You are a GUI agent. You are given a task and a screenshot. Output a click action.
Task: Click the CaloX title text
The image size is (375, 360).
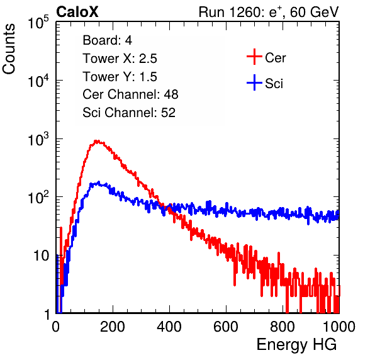click(x=77, y=12)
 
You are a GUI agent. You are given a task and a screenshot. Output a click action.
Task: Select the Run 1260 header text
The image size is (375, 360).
click(x=269, y=13)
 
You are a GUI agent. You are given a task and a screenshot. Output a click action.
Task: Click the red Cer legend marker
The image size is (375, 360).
click(x=254, y=57)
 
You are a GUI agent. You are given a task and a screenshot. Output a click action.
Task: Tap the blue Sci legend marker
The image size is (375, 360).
click(x=254, y=83)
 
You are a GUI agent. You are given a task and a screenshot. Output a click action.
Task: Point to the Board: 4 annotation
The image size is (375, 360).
click(x=107, y=40)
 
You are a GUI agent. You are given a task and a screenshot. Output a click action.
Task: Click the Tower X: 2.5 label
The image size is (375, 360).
click(x=120, y=59)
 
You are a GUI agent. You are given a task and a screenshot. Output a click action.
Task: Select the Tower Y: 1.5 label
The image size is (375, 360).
click(x=120, y=77)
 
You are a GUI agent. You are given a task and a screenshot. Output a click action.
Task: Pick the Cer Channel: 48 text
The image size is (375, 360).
click(x=130, y=94)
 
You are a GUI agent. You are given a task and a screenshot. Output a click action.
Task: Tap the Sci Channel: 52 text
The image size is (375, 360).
click(x=129, y=113)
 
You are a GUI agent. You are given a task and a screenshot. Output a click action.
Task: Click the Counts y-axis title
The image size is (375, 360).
click(x=9, y=49)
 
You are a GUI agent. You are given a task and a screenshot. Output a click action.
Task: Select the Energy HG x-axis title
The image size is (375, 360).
click(x=297, y=345)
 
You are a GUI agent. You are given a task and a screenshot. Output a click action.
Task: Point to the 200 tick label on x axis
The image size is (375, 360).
click(x=113, y=327)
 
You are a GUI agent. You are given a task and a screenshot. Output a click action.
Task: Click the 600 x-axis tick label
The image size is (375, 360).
click(x=226, y=327)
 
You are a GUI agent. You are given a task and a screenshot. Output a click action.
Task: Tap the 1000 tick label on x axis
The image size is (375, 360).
click(x=339, y=327)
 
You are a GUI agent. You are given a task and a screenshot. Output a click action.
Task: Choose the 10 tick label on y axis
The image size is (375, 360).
click(x=41, y=256)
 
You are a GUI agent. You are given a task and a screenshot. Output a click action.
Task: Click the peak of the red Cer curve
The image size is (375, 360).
click(x=97, y=141)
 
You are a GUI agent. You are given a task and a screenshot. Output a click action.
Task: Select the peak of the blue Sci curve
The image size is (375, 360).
click(x=98, y=183)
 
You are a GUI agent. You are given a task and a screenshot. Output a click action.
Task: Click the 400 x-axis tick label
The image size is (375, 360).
click(x=169, y=327)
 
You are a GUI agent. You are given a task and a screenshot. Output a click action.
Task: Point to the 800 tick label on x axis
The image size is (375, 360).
click(x=283, y=327)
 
